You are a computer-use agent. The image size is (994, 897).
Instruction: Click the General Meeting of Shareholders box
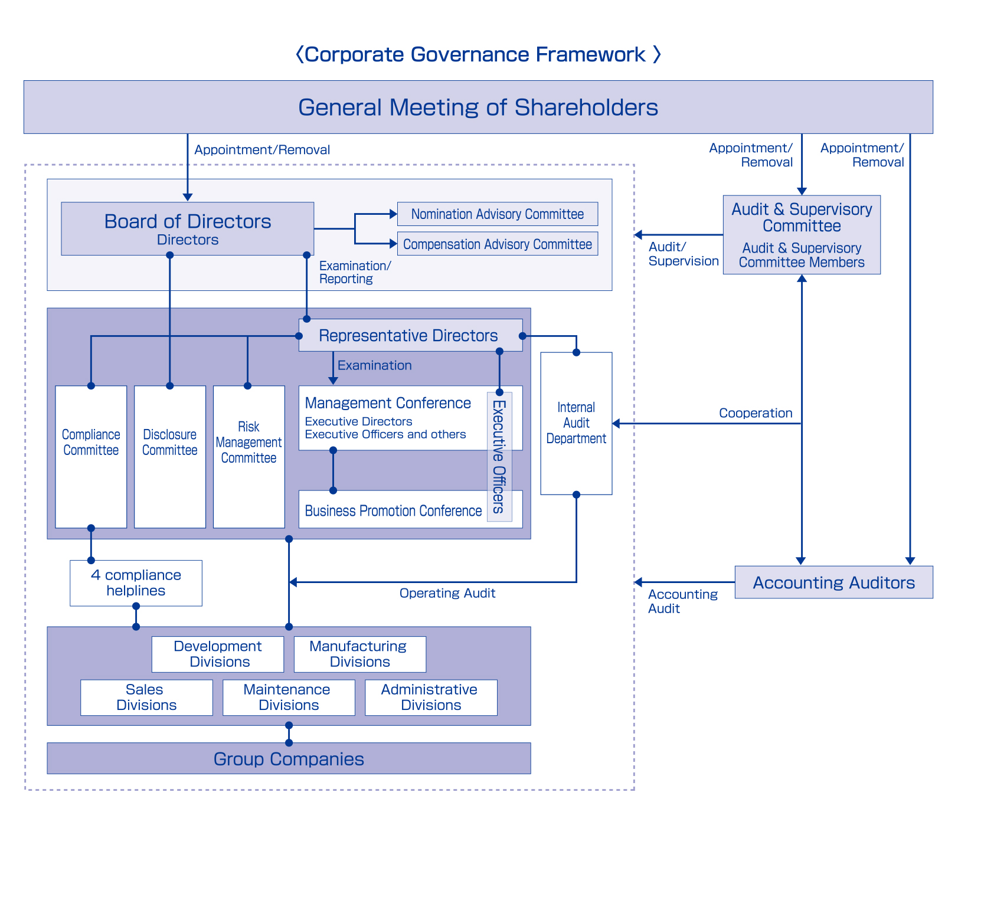coord(478,107)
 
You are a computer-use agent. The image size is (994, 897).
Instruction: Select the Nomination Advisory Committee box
coord(497,214)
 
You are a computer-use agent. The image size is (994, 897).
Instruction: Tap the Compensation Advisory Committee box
coord(497,244)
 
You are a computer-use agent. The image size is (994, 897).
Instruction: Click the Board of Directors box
coord(187,229)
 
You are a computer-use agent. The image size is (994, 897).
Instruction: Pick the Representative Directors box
coord(408,336)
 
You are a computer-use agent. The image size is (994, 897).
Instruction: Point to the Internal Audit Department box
coord(576,423)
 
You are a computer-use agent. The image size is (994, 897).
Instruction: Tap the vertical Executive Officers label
coord(499,456)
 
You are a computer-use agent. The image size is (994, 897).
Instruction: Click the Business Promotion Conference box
coord(393,510)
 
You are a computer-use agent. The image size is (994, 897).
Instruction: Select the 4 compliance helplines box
coord(136,583)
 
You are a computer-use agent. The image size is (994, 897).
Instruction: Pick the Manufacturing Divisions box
coord(359,654)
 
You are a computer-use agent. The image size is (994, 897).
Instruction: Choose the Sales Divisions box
coord(146,698)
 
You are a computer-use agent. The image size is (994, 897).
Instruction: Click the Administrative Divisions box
coord(431,698)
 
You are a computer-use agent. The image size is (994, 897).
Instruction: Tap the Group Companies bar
coord(289,758)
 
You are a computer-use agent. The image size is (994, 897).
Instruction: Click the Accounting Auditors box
coord(833,582)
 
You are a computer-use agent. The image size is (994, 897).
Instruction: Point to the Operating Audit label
coord(447,593)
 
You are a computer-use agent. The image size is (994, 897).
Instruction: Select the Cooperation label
coord(756,413)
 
